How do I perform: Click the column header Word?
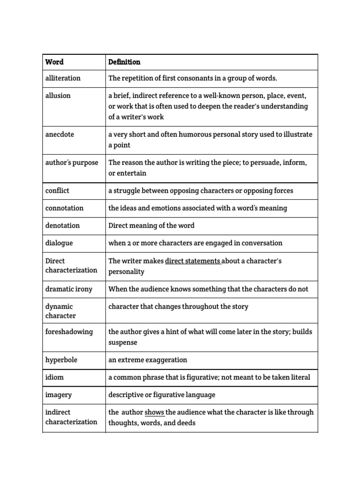pyautogui.click(x=54, y=62)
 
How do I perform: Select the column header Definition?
pyautogui.click(x=124, y=62)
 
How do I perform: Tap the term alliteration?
pyautogui.click(x=63, y=78)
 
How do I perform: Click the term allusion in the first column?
pyautogui.click(x=58, y=96)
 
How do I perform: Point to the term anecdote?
pyautogui.click(x=60, y=135)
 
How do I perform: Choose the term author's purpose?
pyautogui.click(x=72, y=163)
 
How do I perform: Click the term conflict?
pyautogui.click(x=57, y=191)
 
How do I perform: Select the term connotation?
pyautogui.click(x=64, y=208)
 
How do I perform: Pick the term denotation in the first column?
pyautogui.click(x=62, y=225)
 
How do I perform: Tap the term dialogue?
pyautogui.click(x=59, y=243)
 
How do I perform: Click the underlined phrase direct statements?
pyautogui.click(x=193, y=261)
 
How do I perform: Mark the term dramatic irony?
pyautogui.click(x=69, y=289)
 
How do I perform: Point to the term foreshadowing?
pyautogui.click(x=69, y=332)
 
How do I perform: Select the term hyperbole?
pyautogui.click(x=61, y=360)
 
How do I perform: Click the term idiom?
pyautogui.click(x=54, y=377)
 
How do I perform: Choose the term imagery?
pyautogui.click(x=59, y=395)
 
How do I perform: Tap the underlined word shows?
pyautogui.click(x=154, y=412)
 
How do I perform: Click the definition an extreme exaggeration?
pyautogui.click(x=148, y=360)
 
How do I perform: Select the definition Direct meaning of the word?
pyautogui.click(x=151, y=225)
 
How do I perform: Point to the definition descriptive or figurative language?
pyautogui.click(x=162, y=395)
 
